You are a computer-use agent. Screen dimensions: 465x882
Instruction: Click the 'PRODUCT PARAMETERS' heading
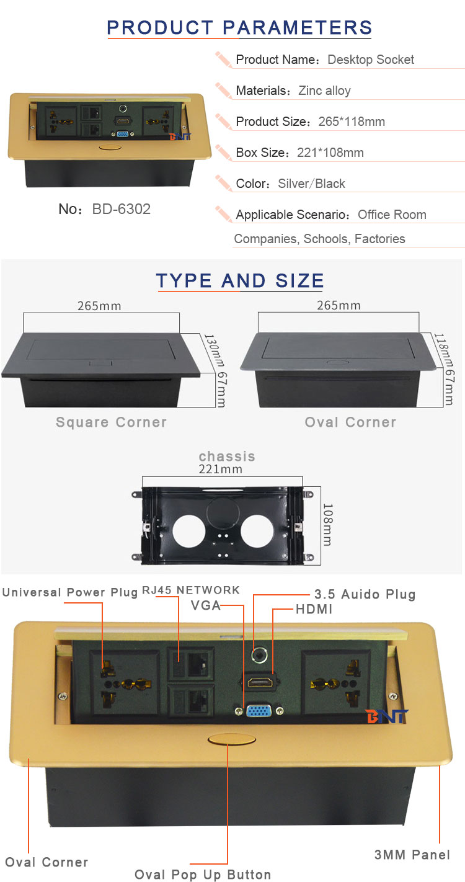pos(239,27)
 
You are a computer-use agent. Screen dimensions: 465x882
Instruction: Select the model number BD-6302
pos(122,209)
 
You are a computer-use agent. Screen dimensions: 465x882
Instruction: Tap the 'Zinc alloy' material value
pos(324,91)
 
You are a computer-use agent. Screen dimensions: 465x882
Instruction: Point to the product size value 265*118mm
pos(352,122)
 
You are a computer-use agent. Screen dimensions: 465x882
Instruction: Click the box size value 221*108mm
pos(330,153)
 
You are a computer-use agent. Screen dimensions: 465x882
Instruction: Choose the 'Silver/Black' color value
pos(311,184)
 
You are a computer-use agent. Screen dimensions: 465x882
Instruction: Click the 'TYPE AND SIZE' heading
pos(240,281)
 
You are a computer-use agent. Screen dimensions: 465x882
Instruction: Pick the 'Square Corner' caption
pos(111,422)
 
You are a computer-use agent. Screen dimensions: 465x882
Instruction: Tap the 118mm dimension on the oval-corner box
pos(441,349)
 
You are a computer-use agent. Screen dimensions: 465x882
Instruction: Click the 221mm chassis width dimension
pos(221,470)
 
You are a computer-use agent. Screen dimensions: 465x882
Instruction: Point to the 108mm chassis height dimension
pos(327,525)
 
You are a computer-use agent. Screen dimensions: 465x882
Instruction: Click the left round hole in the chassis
pos(189,531)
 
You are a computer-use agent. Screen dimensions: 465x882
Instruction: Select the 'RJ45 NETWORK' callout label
pos(190,590)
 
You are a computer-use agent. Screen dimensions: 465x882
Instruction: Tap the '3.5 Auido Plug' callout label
pos(365,594)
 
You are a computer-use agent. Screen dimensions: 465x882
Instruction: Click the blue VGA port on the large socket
pos(259,711)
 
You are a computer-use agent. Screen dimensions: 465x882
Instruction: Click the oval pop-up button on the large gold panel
pos(231,740)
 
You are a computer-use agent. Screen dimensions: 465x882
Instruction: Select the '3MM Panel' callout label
pos(412,855)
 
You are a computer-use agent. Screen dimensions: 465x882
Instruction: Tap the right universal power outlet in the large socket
pos(335,682)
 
